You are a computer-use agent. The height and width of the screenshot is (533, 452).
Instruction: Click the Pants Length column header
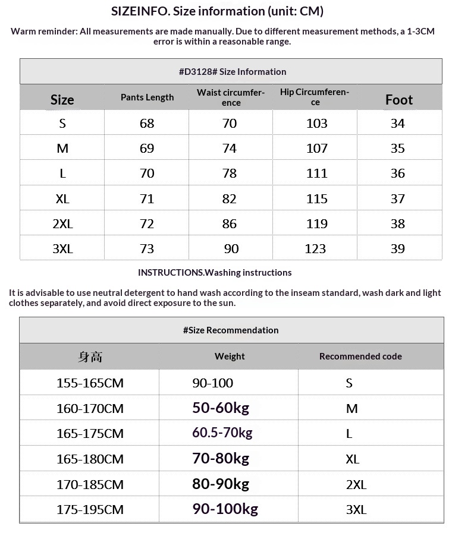coord(147,97)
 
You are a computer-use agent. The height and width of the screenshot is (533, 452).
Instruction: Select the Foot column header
coord(398,99)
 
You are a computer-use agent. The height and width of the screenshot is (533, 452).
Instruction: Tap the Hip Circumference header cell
coord(315,97)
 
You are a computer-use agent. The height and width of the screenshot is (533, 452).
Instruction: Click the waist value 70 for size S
coord(229,123)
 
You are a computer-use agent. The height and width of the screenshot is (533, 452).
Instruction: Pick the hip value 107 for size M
coord(316,149)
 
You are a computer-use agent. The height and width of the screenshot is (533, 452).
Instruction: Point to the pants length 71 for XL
coord(147,198)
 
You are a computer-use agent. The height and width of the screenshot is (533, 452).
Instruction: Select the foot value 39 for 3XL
coord(397,249)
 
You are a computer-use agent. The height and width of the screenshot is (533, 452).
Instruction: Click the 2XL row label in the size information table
coord(62,224)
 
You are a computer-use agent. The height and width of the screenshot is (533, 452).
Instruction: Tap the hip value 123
coord(315,249)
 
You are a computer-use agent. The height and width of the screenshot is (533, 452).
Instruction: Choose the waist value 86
coord(229,224)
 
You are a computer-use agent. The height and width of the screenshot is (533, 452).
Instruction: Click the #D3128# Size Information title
coord(232,72)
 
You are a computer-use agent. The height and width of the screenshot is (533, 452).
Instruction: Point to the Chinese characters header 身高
coord(90,357)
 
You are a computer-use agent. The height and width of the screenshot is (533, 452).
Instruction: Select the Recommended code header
coord(360,357)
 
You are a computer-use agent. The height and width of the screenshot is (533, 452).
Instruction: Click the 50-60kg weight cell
coord(220,408)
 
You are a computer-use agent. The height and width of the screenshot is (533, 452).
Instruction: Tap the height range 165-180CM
coord(90,459)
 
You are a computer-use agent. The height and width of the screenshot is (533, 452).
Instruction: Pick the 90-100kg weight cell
coord(225,509)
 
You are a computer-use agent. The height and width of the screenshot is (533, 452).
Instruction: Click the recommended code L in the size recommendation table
coord(349,433)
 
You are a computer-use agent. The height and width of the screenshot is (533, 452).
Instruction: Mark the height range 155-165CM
coord(90,383)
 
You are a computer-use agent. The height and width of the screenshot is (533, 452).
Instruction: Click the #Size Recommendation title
coord(231,330)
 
